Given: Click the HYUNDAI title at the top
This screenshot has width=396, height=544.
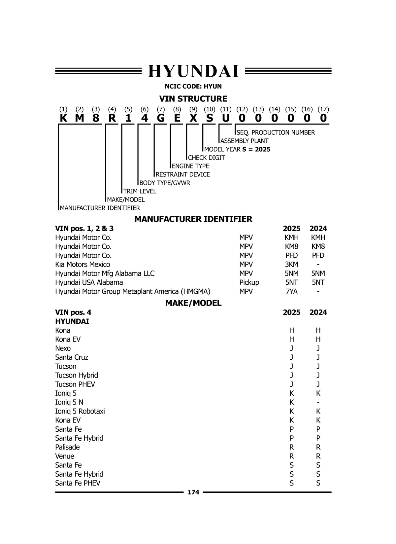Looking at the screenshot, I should [x=193, y=71].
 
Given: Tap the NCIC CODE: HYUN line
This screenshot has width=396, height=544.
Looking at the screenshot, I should [x=193, y=87].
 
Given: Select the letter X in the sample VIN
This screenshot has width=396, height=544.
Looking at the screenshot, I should [x=193, y=118].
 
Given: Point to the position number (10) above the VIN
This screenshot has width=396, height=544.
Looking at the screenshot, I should [x=209, y=109].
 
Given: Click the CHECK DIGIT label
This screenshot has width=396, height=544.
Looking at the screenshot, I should [x=206, y=158].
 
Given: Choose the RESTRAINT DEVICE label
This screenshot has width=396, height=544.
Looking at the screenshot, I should [x=182, y=174].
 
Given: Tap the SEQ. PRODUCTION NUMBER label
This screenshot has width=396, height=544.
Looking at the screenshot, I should [x=276, y=132].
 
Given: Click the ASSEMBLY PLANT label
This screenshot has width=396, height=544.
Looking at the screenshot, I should [x=244, y=141].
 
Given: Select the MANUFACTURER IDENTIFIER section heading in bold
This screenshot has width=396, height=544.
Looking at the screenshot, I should [x=193, y=219].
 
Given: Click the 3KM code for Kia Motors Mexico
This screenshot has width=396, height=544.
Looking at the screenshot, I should [x=291, y=265].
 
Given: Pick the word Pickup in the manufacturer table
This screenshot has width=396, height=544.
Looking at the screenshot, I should [x=249, y=282].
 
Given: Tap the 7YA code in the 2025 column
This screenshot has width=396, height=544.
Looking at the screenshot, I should [x=291, y=291].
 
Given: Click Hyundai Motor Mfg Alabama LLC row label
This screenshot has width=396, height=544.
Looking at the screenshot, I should [x=105, y=273].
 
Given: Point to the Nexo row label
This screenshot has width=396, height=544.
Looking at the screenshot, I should [x=63, y=348].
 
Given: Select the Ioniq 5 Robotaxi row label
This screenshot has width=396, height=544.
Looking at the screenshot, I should [x=80, y=411].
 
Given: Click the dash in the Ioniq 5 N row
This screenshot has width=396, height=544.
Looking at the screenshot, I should [x=318, y=402].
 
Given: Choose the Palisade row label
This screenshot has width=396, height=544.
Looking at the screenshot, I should [x=67, y=447].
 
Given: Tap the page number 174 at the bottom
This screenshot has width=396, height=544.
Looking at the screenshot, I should [x=193, y=492].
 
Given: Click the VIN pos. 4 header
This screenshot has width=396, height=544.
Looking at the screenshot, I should [x=73, y=312].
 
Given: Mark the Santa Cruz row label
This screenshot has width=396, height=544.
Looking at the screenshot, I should [x=72, y=357].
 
